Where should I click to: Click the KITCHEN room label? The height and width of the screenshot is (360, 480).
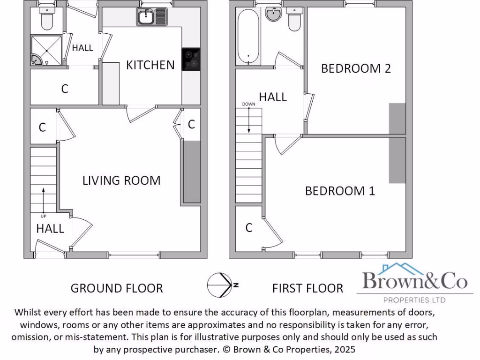pyautogui.click(x=150, y=65)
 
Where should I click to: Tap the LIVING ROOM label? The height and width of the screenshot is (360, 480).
pyautogui.click(x=121, y=180)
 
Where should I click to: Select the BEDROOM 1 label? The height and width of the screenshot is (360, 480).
pyautogui.click(x=340, y=191)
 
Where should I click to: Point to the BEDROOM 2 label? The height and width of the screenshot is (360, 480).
pyautogui.click(x=356, y=68)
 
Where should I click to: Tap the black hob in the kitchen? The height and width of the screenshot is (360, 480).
pyautogui.click(x=191, y=60)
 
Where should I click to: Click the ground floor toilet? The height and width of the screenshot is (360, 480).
pyautogui.click(x=47, y=20)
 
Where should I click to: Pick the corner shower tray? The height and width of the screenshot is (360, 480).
pyautogui.click(x=46, y=51)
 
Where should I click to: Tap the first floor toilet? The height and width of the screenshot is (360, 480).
pyautogui.click(x=295, y=20)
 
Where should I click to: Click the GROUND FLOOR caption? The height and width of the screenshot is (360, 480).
pyautogui.click(x=117, y=288)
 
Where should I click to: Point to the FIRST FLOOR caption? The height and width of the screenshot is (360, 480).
pyautogui.click(x=307, y=288)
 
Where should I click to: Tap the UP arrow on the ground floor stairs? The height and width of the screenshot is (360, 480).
pyautogui.click(x=44, y=199)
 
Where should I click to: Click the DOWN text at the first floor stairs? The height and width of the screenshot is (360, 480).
pyautogui.click(x=248, y=104)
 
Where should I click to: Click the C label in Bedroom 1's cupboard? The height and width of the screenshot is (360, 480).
pyautogui.click(x=249, y=228)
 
